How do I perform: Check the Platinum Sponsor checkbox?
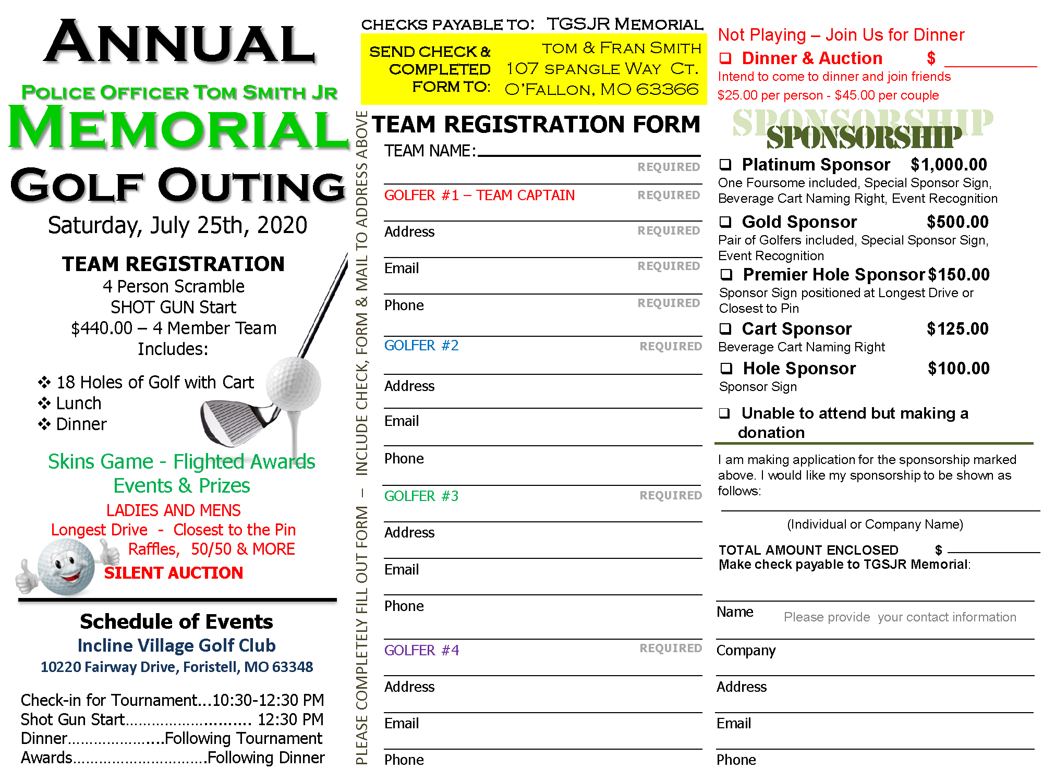point(725,165)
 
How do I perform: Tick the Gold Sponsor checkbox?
point(725,222)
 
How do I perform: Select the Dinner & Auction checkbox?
point(725,58)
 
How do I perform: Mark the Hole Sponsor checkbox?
point(726,369)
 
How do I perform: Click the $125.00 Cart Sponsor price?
point(957,329)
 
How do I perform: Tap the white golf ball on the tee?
point(293,385)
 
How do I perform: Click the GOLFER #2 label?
point(421,346)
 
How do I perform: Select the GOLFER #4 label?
point(421,651)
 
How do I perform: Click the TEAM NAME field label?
point(430,151)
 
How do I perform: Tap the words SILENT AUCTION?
point(174,573)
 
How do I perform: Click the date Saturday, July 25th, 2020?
point(177,225)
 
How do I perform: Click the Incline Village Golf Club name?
point(176,645)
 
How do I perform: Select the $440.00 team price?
point(102,328)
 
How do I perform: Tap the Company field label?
point(746,651)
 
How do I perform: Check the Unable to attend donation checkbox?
point(724,413)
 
